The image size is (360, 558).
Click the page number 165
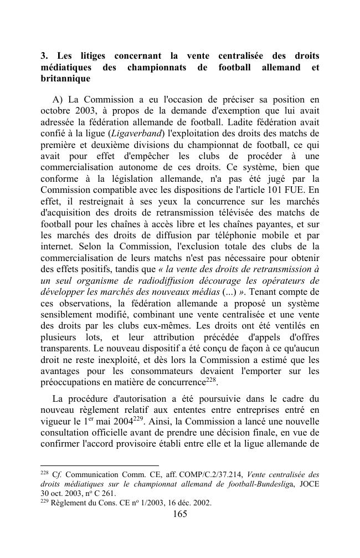pos(180,514)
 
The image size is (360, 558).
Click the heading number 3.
pos(44,56)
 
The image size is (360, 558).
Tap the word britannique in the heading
pos(66,79)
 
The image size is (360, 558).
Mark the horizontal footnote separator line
pos(100,465)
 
